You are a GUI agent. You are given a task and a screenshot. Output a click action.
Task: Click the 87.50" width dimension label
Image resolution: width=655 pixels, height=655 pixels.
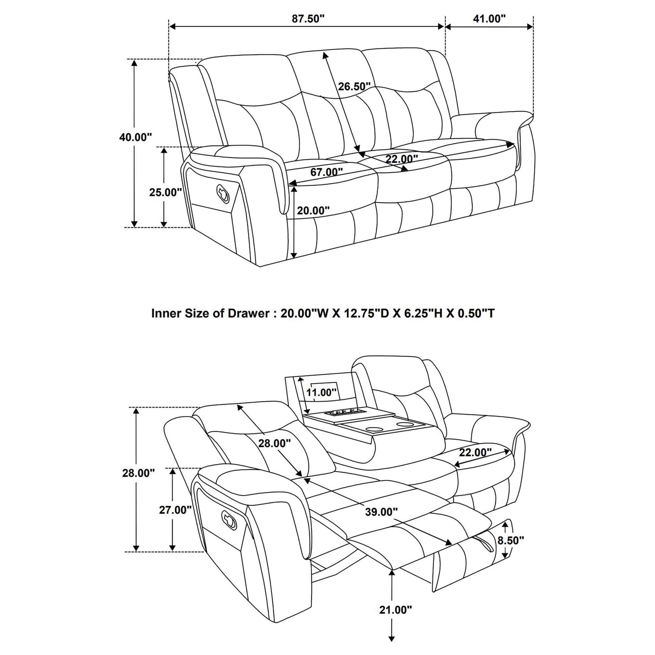point(308,19)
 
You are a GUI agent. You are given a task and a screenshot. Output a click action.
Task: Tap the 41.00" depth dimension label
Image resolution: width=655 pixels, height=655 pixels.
point(489,19)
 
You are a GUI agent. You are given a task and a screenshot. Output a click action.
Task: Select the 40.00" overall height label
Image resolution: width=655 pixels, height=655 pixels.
point(136,137)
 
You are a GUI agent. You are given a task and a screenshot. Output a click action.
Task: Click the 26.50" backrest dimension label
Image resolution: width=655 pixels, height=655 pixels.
point(354,86)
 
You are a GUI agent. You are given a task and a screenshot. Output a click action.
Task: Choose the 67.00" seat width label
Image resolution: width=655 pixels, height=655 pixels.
point(326,172)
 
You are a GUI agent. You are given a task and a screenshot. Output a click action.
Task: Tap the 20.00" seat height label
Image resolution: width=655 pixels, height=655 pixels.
point(313,210)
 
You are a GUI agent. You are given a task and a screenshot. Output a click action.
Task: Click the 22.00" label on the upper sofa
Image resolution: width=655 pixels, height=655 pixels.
point(402,159)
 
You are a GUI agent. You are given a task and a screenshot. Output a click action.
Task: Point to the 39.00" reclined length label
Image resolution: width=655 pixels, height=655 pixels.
point(381,512)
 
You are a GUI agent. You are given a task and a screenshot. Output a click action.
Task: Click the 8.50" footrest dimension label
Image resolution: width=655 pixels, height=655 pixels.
point(510,540)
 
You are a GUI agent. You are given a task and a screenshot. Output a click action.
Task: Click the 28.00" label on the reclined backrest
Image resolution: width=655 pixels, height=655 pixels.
point(274,443)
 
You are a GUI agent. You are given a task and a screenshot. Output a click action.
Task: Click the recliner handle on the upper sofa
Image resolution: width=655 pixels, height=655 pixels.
point(223,192)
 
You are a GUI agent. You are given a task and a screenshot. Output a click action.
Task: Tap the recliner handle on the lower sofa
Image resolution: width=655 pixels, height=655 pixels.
point(230,518)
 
